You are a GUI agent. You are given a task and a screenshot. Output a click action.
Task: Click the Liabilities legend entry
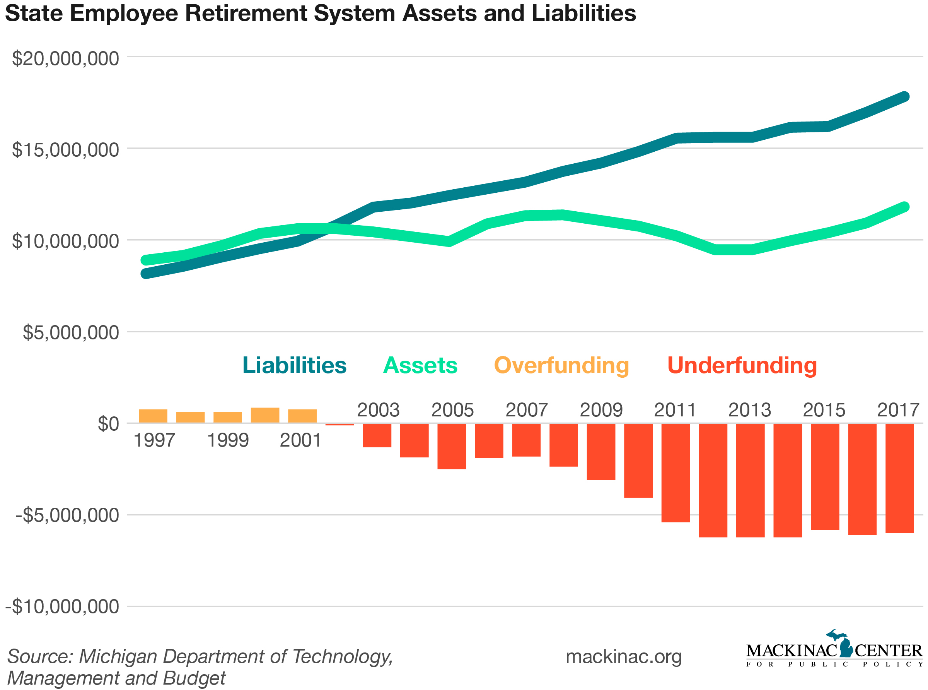coord(294,365)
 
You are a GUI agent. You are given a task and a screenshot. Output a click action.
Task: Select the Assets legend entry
coord(420,365)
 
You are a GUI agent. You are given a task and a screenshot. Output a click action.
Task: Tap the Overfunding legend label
coord(561,365)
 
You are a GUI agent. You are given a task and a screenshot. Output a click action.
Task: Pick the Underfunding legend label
coord(742,365)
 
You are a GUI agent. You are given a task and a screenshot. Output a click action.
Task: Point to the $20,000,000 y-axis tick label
coord(65,58)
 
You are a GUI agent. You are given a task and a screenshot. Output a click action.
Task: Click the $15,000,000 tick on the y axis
coord(65,150)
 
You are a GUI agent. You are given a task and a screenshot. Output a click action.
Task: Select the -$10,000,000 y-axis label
coord(62,607)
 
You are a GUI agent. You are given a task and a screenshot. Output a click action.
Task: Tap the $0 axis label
coord(108,424)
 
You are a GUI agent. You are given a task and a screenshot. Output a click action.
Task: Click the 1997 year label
coord(154,441)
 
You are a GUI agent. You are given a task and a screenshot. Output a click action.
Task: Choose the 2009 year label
coord(601,410)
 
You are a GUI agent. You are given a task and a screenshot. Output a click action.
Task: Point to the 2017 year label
coord(898,410)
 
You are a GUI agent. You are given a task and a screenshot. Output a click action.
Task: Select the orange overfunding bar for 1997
coord(153,416)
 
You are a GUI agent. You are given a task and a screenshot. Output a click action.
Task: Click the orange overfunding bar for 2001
coord(302,416)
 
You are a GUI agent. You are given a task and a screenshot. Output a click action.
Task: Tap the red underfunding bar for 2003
coord(377,435)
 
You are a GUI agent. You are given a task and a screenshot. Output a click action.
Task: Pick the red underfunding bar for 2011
coord(675,473)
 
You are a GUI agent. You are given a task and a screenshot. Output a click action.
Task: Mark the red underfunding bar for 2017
coord(899,478)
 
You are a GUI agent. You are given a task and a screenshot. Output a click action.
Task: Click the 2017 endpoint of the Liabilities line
coord(904,97)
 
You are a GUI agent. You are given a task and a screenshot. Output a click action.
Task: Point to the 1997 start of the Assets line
coord(146,260)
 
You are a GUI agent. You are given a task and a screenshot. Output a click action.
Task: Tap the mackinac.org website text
coord(623,657)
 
